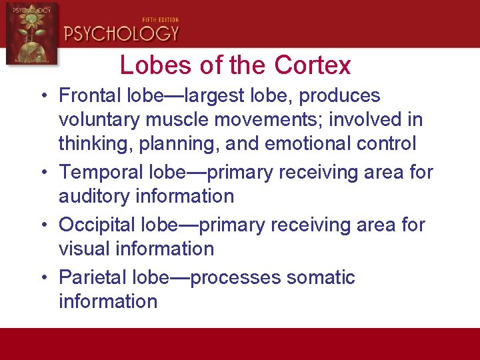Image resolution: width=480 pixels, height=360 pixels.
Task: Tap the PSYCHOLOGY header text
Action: click(122, 33)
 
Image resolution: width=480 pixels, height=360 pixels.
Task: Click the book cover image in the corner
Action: click(31, 33)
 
